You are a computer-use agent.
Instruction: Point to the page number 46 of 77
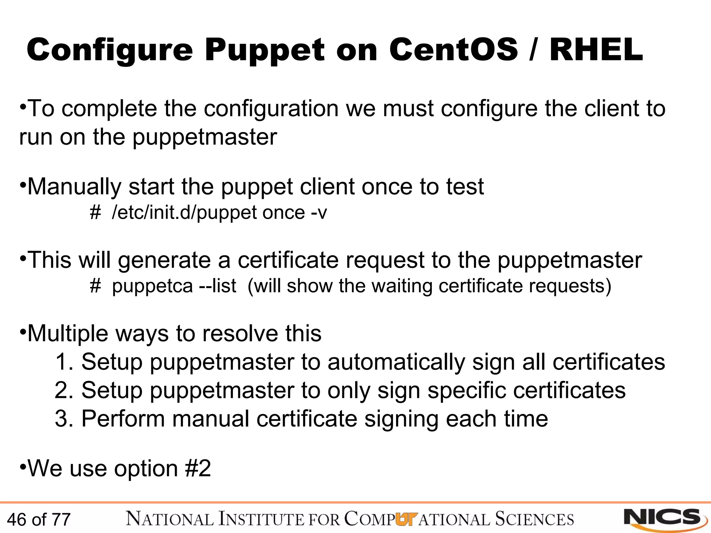tap(39, 520)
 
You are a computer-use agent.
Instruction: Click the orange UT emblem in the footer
tap(405, 519)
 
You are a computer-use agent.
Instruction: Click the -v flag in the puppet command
tap(319, 212)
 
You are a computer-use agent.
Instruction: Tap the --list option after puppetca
tap(217, 286)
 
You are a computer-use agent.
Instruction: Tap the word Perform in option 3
tap(123, 418)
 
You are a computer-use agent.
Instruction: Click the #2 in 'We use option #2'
tap(198, 468)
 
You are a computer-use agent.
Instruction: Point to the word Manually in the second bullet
tap(74, 187)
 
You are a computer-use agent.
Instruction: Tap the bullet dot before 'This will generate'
tap(23, 258)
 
